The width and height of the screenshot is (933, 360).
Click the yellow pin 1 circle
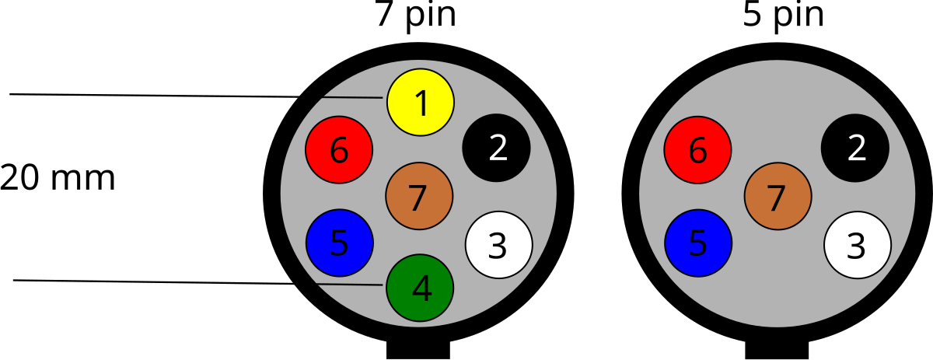tap(421, 102)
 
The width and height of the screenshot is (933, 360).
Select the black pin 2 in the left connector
tap(496, 148)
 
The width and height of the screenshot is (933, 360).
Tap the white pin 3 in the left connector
tap(498, 245)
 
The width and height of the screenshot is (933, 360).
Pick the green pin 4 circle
tap(420, 288)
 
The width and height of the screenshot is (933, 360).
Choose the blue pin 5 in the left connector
tap(339, 243)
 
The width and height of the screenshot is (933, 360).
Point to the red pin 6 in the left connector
tap(339, 149)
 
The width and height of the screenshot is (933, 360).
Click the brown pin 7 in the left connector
tap(419, 196)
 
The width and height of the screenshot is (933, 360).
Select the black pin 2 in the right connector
tap(854, 148)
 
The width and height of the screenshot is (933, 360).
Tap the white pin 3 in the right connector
tap(857, 245)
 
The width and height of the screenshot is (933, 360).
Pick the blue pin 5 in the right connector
tap(698, 243)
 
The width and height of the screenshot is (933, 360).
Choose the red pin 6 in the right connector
tap(697, 149)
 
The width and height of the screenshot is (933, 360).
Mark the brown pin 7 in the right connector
tap(777, 196)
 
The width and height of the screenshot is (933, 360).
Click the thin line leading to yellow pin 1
tap(353, 98)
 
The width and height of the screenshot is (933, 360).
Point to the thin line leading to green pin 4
tap(350, 285)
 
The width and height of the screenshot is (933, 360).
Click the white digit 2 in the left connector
tap(498, 149)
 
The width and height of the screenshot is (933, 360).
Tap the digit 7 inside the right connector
tap(776, 199)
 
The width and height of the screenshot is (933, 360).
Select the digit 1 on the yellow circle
tap(421, 104)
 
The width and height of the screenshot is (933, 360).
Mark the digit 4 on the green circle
tap(421, 289)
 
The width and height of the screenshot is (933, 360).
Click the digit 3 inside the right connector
tap(856, 247)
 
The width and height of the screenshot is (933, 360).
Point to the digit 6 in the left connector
tap(339, 151)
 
